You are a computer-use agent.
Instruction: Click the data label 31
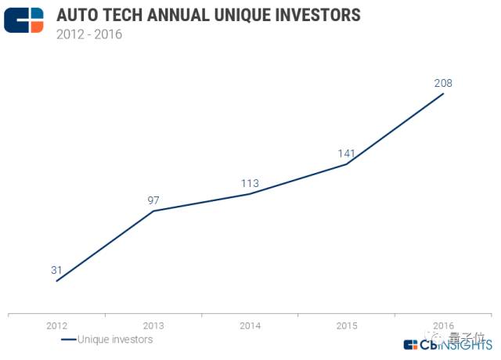point(56,270)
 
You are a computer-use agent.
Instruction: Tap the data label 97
point(153,200)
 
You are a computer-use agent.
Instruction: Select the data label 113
point(250,183)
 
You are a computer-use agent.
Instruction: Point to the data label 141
point(347,153)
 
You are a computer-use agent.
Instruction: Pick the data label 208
point(443,83)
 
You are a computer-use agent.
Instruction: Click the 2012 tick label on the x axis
point(56,326)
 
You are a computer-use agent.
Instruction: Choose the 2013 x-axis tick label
point(153,326)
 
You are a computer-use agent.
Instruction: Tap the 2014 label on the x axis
point(250,326)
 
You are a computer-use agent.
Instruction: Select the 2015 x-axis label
point(347,326)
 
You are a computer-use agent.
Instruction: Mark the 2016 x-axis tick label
point(443,326)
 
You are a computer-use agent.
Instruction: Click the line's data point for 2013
point(153,211)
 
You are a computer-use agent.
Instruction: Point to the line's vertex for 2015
point(347,164)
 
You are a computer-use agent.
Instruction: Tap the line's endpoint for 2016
point(444,93)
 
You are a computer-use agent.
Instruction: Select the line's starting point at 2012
point(56,281)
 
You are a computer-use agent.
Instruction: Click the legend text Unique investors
point(115,339)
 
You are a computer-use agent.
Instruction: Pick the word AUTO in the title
point(77,15)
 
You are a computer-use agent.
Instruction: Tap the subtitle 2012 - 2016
point(89,34)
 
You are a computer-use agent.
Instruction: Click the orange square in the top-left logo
point(37,27)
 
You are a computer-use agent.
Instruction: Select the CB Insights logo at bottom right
point(448,345)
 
